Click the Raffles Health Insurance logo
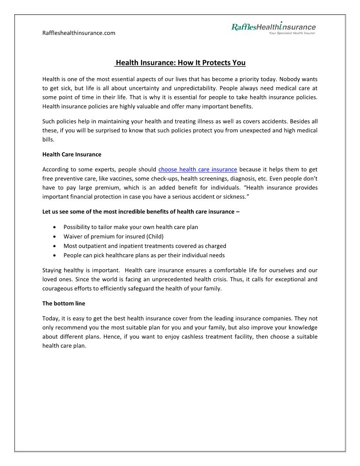coord(274,27)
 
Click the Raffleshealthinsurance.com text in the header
coord(79,33)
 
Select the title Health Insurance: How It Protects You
coord(180,63)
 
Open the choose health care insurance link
coord(198,169)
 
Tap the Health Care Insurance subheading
coord(71,154)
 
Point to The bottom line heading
coord(64,304)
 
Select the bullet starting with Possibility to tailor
coord(131,227)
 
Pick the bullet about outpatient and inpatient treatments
coord(145,246)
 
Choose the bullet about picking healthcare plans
coord(144,256)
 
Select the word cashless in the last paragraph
coord(221,337)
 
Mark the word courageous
coord(62,289)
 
